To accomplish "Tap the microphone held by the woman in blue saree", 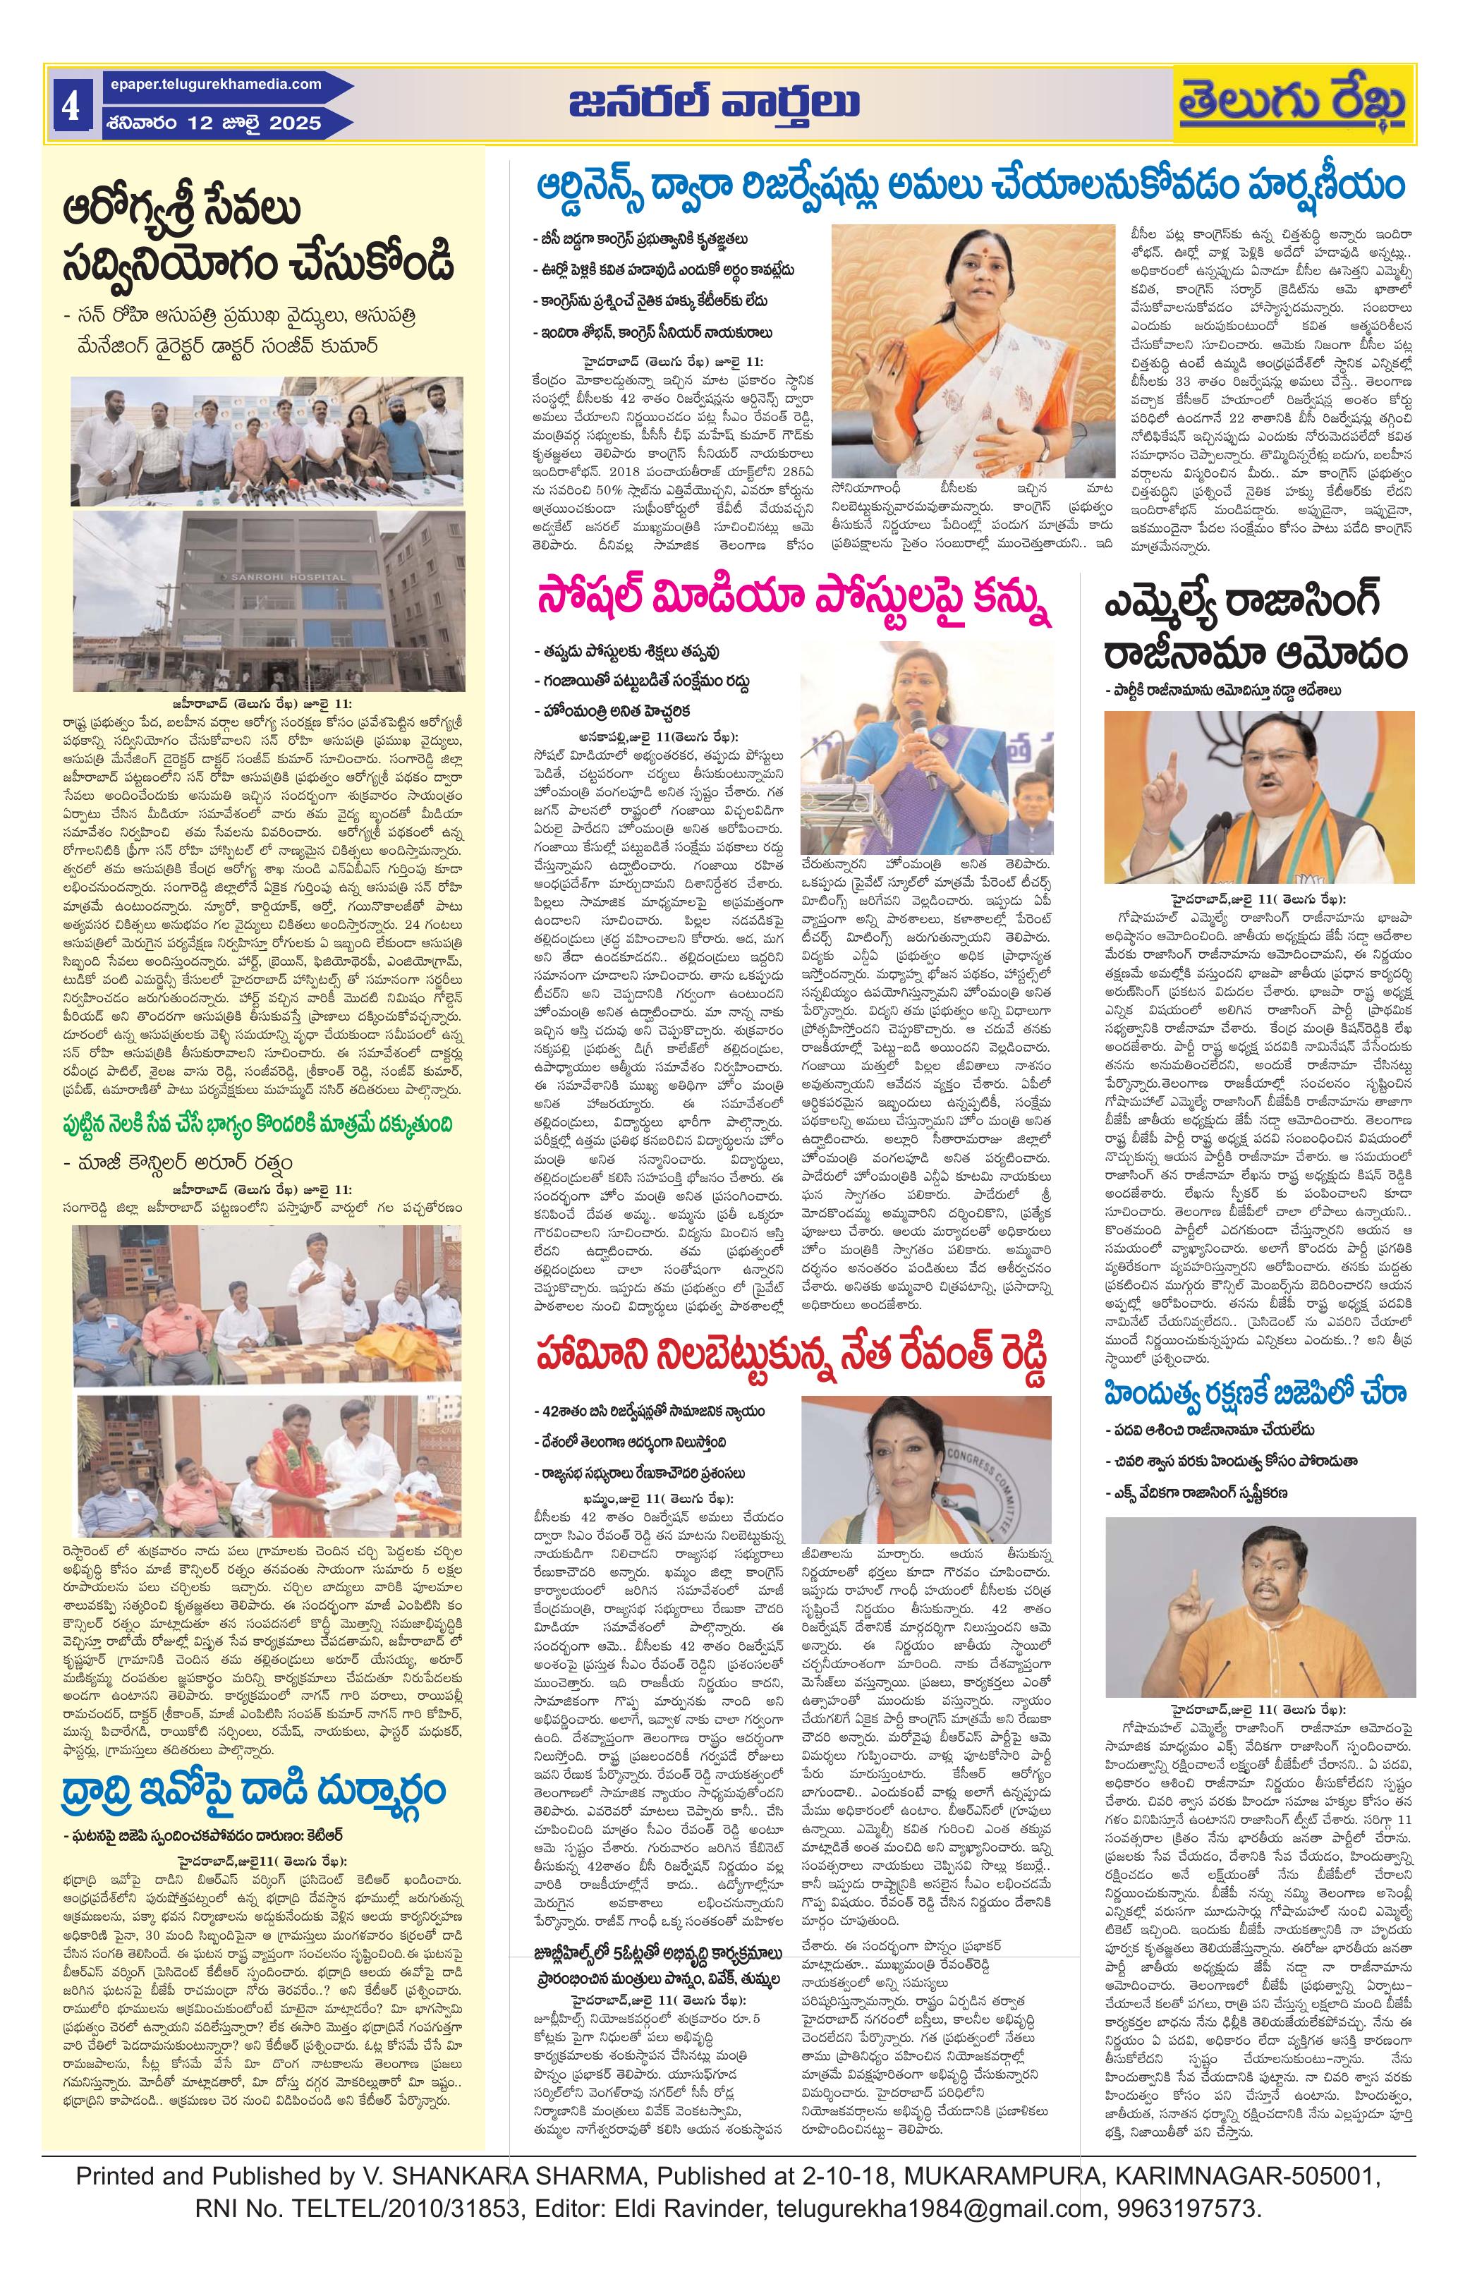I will click(x=921, y=731).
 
